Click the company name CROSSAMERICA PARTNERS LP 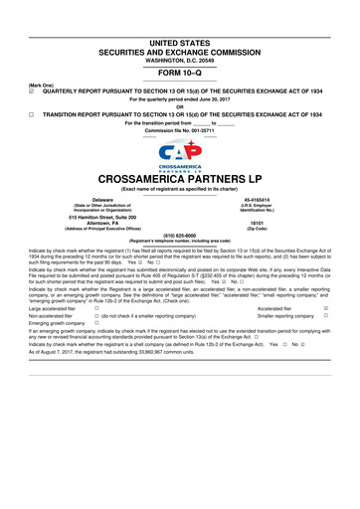click(180, 180)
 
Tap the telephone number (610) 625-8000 click(180, 235)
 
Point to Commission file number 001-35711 click(203, 130)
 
